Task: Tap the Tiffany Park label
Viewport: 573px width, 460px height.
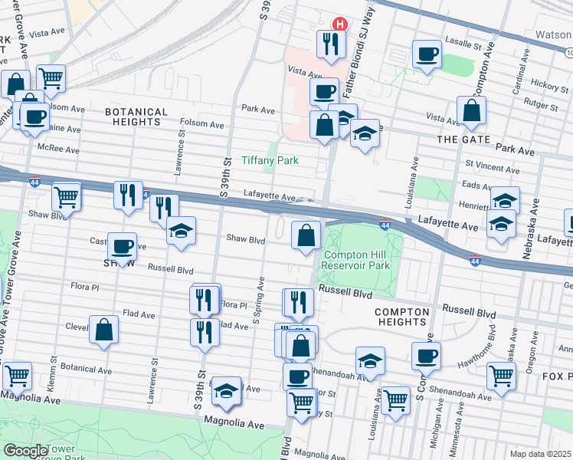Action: [x=270, y=160]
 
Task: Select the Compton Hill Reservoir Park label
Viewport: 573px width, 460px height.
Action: [x=356, y=260]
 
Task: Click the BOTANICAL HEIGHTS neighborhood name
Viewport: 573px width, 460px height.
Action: [x=136, y=117]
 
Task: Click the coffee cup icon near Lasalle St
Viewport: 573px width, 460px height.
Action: [x=427, y=54]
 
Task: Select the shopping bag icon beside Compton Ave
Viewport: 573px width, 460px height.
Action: [x=471, y=112]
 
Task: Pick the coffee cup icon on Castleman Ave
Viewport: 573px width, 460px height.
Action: [x=123, y=247]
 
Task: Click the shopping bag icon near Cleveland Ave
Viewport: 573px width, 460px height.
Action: [x=103, y=330]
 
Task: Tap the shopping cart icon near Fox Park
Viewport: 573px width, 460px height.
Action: [x=501, y=376]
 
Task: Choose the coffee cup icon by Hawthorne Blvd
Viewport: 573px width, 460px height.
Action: [x=427, y=356]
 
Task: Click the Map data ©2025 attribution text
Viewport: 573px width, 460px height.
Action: [x=540, y=454]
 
